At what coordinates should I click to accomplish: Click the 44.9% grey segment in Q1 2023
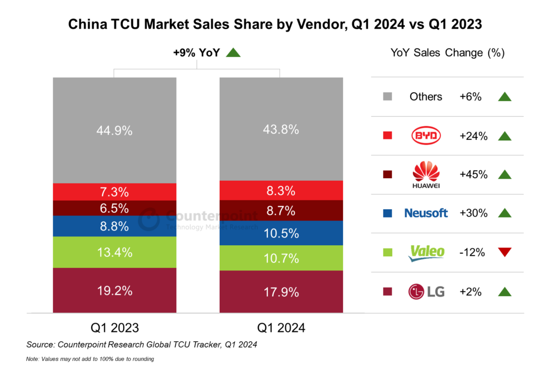[114, 130]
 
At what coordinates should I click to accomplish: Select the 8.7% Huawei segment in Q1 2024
[281, 210]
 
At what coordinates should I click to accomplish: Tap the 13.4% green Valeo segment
[114, 252]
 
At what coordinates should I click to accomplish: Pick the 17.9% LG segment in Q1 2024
[281, 291]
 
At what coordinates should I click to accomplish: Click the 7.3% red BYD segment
[114, 192]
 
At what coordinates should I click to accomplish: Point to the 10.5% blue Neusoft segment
[281, 233]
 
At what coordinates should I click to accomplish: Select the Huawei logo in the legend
[426, 174]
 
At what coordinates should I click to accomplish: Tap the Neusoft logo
[426, 213]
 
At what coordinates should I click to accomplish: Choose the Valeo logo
[426, 252]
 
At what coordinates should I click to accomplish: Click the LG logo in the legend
[426, 291]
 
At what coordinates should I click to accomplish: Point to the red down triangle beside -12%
[504, 252]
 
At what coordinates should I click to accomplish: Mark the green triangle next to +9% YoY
[233, 52]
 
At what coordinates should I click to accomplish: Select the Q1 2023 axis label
[114, 329]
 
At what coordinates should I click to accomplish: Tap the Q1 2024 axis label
[281, 329]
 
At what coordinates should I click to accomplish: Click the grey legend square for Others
[388, 97]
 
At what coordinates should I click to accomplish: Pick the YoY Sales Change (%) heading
[447, 53]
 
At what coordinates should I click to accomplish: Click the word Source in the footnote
[41, 345]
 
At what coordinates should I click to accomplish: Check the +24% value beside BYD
[473, 136]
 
